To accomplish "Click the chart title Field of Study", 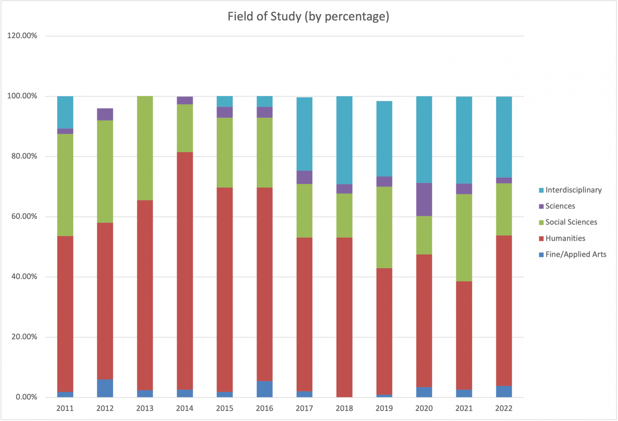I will (308, 16).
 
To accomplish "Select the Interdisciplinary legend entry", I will (573, 190).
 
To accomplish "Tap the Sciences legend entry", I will (560, 206).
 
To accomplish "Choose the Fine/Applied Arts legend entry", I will (575, 255).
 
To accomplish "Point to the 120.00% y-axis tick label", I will (22, 36).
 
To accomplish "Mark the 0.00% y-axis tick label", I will (26, 397).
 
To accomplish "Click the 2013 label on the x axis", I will (145, 409).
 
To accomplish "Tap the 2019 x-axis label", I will (384, 409).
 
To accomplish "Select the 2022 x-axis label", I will (504, 409).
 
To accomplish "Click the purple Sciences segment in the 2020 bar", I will (424, 199).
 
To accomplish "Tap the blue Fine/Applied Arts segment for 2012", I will (105, 388).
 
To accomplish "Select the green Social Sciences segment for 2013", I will (145, 148).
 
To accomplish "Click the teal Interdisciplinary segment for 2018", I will (344, 140).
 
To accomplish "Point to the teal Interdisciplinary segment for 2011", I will (65, 112).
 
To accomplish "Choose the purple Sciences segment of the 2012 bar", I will (105, 114).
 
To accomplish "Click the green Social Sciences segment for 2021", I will (464, 238).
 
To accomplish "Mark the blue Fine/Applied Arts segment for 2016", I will (265, 389).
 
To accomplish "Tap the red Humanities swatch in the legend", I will (541, 238).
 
